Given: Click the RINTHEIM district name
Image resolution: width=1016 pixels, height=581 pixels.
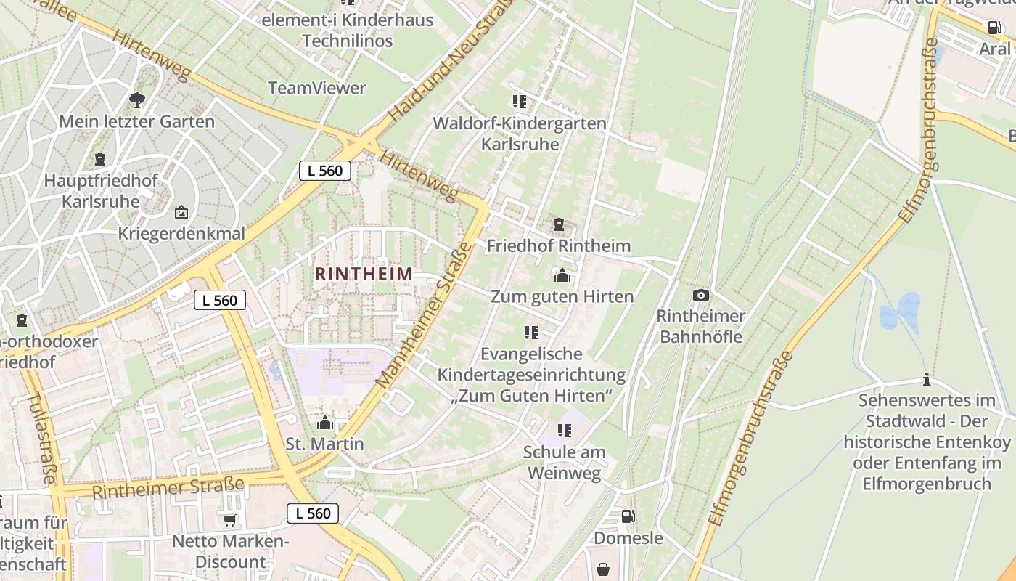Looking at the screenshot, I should (364, 275).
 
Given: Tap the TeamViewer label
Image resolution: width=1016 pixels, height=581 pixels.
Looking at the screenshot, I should (317, 88).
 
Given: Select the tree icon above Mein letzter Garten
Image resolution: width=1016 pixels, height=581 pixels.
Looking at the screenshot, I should (136, 100).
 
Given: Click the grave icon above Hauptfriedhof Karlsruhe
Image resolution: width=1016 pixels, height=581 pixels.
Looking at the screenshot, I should (100, 159).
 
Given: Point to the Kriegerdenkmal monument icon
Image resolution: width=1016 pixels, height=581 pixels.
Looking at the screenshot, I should (181, 213).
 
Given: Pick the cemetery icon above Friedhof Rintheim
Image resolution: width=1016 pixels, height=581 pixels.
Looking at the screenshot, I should (559, 224).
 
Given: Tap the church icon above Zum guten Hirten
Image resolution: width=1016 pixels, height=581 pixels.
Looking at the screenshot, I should (562, 275).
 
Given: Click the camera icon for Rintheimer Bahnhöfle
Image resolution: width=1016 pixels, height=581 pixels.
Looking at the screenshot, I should (700, 295).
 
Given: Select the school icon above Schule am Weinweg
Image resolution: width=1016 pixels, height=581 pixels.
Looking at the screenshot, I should (564, 431).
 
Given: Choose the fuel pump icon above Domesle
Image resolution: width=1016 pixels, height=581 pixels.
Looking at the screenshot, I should (628, 516).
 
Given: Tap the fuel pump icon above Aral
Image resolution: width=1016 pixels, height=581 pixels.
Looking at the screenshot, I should (994, 28).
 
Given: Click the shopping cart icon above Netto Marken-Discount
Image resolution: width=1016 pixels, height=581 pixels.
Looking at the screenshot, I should (230, 520).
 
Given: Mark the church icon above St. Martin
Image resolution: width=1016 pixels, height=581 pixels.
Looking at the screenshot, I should (324, 422).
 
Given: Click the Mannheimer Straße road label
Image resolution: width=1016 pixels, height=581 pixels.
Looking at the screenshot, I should (424, 316).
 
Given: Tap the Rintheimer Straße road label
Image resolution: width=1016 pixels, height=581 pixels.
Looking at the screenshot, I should (168, 487).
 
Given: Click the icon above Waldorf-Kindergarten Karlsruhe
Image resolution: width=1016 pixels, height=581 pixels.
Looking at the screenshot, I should (519, 102).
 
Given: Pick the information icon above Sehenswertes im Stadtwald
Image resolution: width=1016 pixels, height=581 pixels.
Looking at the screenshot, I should (926, 379).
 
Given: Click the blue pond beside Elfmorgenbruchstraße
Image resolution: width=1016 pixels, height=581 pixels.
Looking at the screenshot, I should (900, 313).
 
